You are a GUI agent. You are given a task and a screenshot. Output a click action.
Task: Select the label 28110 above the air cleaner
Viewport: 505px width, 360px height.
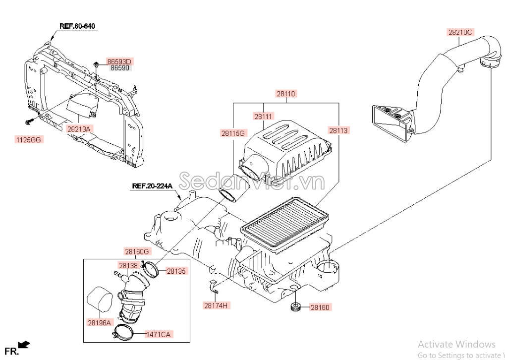(286, 94)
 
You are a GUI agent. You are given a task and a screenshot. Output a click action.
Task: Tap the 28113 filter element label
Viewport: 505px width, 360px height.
(338, 130)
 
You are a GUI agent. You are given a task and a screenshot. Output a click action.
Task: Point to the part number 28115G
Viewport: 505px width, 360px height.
(233, 133)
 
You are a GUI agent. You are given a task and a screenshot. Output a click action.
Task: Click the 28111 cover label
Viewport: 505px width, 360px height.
(263, 117)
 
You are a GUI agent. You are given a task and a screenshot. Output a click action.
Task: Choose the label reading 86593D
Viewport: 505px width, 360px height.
(119, 61)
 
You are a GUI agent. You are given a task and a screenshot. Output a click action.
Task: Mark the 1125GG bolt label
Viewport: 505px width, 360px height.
(29, 139)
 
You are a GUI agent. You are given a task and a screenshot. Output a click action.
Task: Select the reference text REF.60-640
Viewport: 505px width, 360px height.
(77, 26)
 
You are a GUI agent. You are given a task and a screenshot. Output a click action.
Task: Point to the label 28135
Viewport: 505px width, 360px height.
(176, 271)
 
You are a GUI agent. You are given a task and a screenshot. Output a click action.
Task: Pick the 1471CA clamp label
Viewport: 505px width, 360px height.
(159, 334)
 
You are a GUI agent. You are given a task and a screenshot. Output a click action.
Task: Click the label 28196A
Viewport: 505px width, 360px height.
(100, 322)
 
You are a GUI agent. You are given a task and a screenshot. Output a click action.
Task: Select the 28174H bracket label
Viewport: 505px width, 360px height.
(217, 305)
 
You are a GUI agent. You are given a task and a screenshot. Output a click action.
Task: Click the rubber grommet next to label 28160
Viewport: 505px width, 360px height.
(295, 307)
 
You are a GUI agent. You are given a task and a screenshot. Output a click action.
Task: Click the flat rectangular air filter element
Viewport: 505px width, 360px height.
(284, 224)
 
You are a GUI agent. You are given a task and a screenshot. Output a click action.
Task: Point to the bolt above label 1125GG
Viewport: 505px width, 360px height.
(29, 122)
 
